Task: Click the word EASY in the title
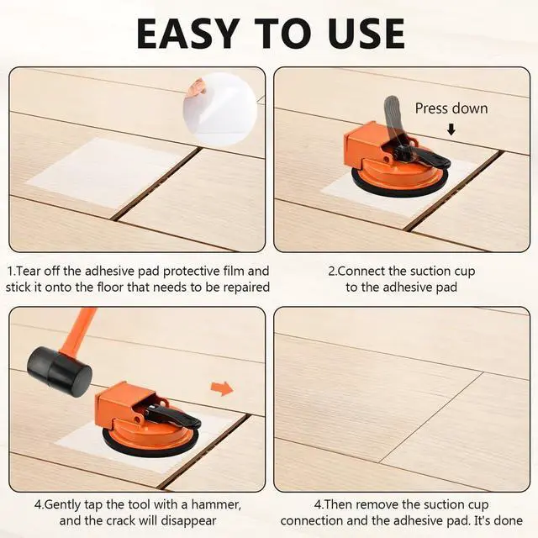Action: click(188, 34)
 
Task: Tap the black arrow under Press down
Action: click(451, 129)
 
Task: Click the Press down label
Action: click(451, 108)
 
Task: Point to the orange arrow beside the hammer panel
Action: click(222, 388)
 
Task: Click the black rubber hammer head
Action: click(60, 368)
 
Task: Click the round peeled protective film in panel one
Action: click(220, 110)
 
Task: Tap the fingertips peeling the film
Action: click(198, 87)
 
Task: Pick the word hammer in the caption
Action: click(216, 504)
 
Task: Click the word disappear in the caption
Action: click(188, 521)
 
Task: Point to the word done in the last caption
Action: click(509, 520)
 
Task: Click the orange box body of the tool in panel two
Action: click(363, 144)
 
